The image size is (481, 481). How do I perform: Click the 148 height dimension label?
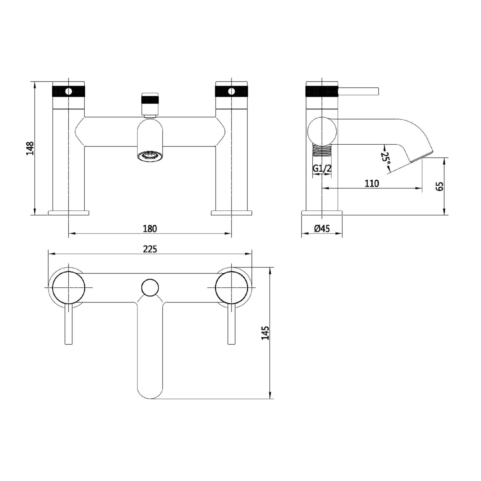click(30, 148)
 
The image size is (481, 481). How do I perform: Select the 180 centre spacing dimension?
click(150, 229)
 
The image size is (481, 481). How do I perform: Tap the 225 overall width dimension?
click(150, 249)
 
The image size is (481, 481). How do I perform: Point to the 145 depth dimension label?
click(265, 333)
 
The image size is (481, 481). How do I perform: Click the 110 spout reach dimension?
click(372, 183)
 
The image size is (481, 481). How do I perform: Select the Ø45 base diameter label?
click(322, 229)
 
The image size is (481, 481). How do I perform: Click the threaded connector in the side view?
click(322, 150)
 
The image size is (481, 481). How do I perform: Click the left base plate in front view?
click(69, 213)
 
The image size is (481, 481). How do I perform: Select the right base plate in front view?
click(232, 213)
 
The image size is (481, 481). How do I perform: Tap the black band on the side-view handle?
click(322, 91)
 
